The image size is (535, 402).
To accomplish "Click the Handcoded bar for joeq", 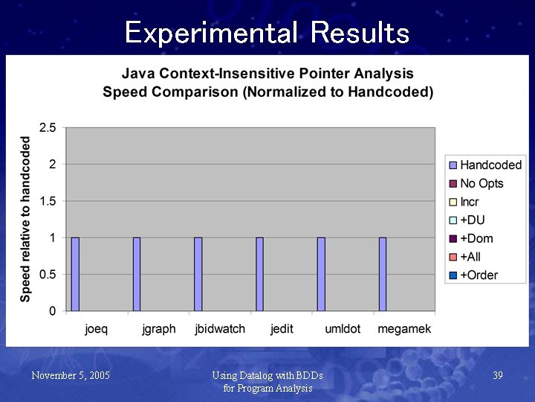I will click(75, 274).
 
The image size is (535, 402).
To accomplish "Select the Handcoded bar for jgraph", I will click(137, 274).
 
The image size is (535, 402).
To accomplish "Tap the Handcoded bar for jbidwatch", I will click(198, 274).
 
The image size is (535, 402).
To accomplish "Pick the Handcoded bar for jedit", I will click(260, 274).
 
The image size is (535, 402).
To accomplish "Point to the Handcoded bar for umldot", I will click(321, 274).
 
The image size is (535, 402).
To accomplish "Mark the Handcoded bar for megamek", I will click(383, 274).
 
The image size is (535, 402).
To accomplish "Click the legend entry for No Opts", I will click(481, 183).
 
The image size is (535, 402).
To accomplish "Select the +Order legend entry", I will click(478, 275).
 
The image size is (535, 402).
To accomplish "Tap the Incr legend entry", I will click(469, 202).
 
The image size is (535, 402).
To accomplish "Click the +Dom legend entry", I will click(476, 238).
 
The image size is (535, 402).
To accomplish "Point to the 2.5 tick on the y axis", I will click(47, 128).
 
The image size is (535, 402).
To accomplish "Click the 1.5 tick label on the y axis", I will click(47, 201).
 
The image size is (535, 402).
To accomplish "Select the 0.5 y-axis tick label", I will click(47, 274).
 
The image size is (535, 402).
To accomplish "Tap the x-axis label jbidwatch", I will click(220, 328).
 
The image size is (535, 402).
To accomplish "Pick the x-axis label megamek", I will click(404, 328).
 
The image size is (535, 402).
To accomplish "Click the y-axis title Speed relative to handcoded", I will click(26, 219).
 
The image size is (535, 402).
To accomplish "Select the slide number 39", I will click(498, 376).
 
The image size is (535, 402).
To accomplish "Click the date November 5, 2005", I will click(71, 376).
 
